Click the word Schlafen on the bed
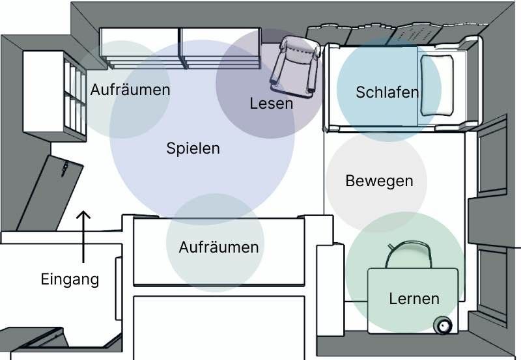tap(387, 92)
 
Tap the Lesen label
tap(271, 103)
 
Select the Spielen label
tap(193, 148)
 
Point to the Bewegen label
tap(379, 180)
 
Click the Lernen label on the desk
tap(414, 299)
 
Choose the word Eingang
tap(70, 280)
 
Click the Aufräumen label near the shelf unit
tap(130, 90)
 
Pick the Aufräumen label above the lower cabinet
tap(218, 247)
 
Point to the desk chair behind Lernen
tap(408, 254)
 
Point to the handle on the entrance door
tap(64, 169)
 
